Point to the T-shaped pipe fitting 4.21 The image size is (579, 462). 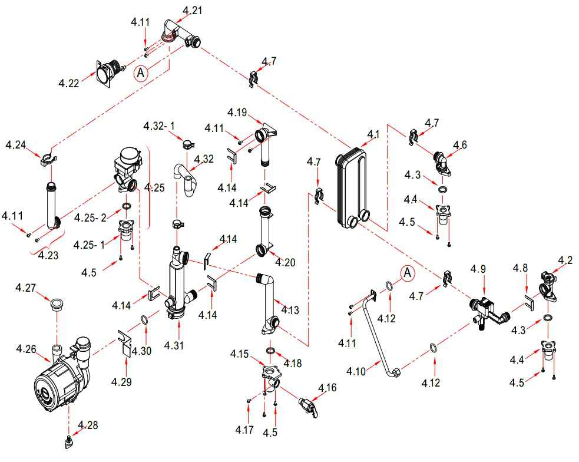pyautogui.click(x=180, y=34)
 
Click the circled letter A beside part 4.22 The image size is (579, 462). pyautogui.click(x=140, y=72)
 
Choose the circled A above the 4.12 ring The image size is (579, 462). pyautogui.click(x=407, y=272)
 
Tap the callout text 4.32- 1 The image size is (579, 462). pyautogui.click(x=159, y=126)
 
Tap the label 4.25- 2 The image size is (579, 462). pyautogui.click(x=90, y=217)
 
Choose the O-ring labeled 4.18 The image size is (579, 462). pyautogui.click(x=270, y=351)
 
